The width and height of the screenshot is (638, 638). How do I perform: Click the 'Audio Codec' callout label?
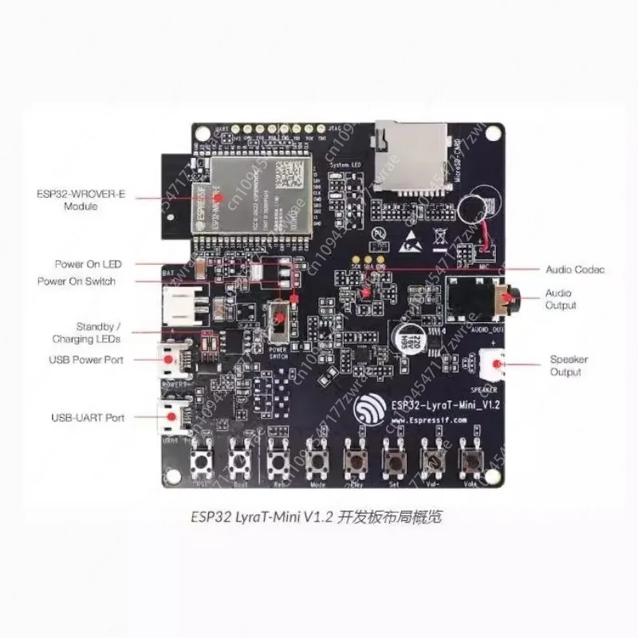[x=575, y=270]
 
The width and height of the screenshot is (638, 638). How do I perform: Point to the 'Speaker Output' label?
[x=569, y=366]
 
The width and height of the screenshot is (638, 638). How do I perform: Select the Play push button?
[x=354, y=461]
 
